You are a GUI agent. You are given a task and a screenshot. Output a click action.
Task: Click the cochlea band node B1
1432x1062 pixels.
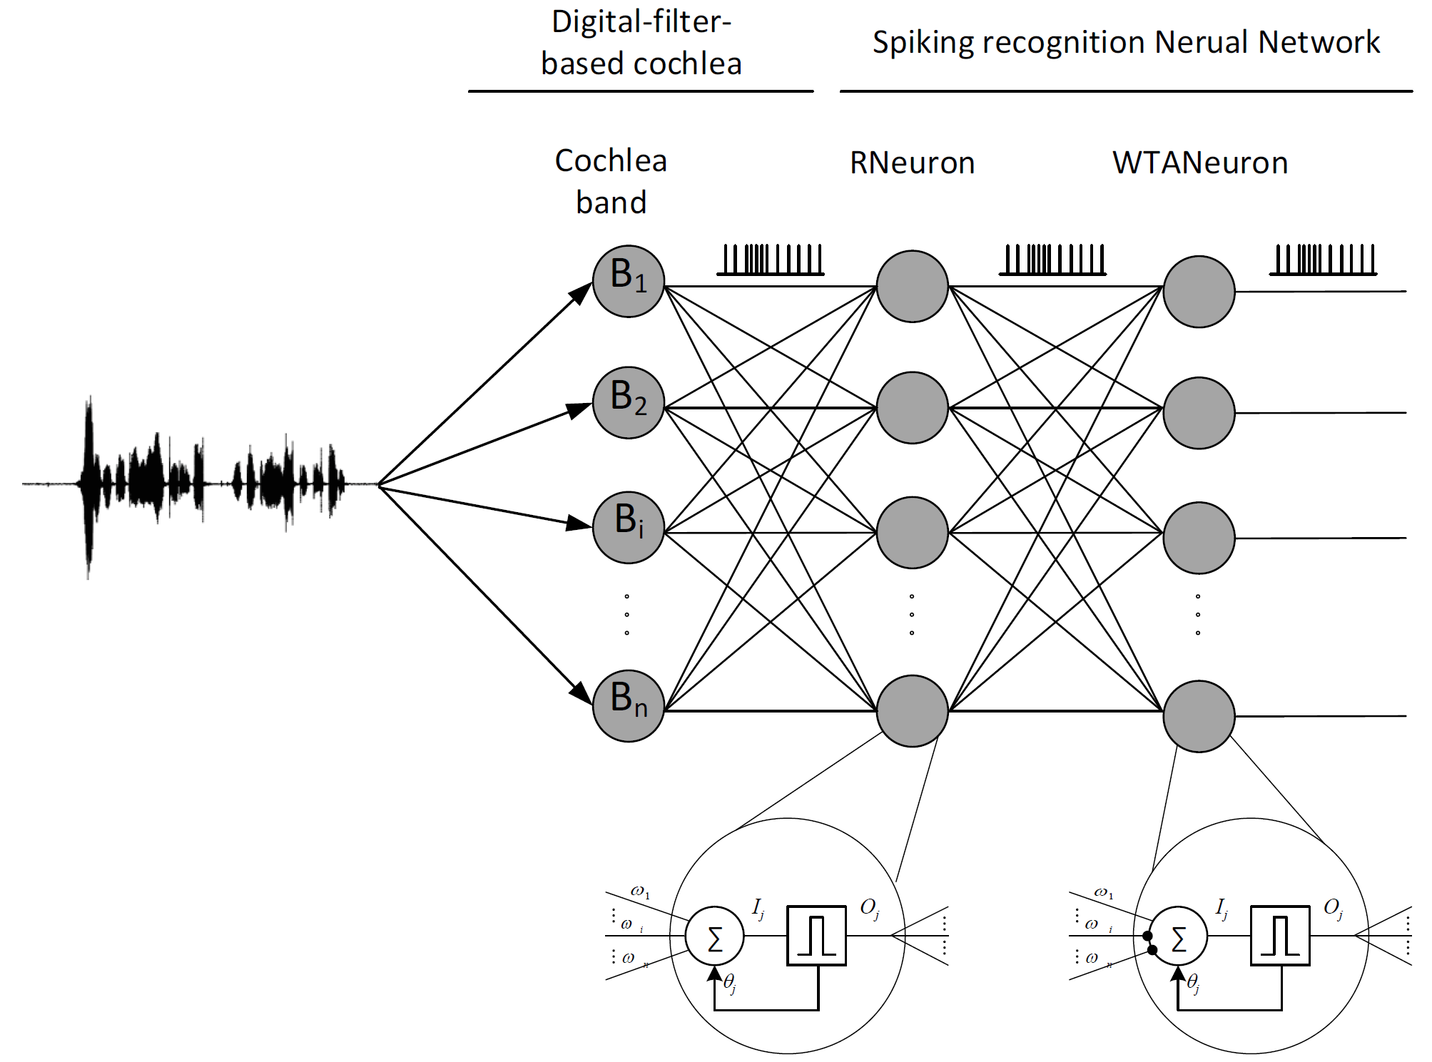(x=628, y=281)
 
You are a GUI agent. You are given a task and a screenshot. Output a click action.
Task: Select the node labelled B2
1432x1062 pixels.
(x=628, y=402)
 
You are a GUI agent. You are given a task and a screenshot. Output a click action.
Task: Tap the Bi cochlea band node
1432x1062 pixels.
(x=628, y=527)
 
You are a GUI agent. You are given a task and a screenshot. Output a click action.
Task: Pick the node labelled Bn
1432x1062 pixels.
(x=628, y=705)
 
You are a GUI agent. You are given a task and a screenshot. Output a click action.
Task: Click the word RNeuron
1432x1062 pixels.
(x=912, y=163)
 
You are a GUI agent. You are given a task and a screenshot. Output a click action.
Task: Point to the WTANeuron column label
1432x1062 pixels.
(x=1200, y=163)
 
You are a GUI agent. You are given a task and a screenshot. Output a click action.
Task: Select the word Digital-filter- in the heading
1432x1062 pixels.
(x=641, y=21)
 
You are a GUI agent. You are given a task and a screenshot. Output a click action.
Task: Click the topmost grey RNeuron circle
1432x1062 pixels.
(x=912, y=286)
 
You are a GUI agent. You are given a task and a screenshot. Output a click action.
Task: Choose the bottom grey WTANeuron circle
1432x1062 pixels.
(x=1199, y=715)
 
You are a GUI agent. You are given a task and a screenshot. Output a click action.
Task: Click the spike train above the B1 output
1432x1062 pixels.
(x=771, y=260)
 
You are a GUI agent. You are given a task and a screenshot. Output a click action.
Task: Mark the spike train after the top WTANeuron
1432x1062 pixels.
(x=1323, y=260)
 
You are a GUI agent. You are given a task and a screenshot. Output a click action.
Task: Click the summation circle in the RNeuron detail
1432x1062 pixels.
(x=714, y=936)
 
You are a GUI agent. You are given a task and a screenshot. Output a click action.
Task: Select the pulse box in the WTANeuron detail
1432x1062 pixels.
(x=1280, y=935)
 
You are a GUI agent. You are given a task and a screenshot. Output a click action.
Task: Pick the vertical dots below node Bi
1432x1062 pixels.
(x=626, y=614)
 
